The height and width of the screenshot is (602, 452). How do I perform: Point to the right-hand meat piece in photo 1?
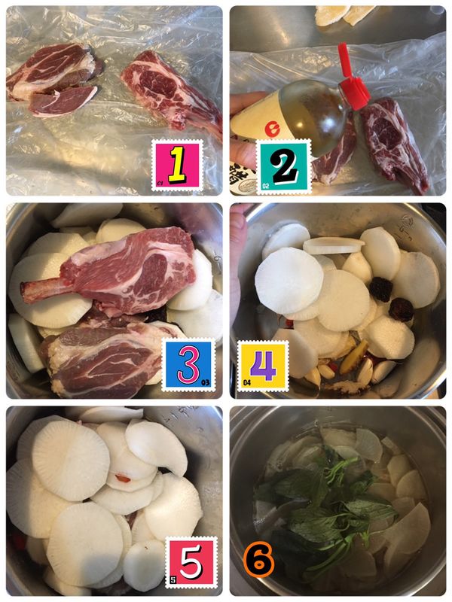[169, 87]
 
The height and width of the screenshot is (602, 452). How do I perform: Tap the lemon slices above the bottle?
[347, 14]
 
